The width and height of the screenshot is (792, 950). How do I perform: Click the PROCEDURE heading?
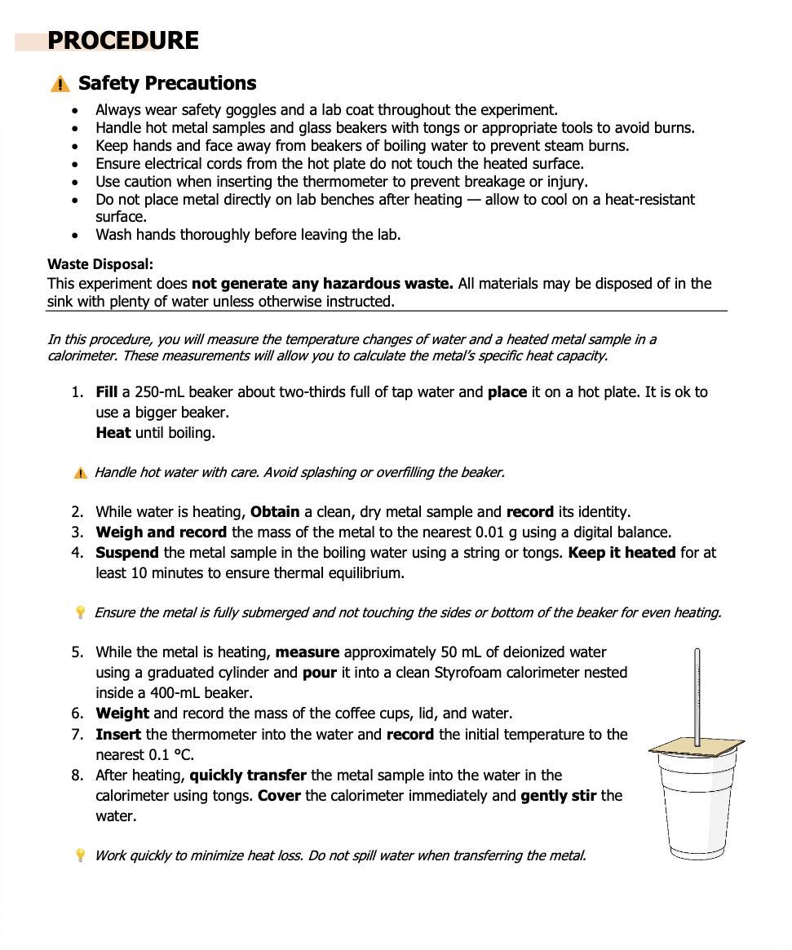tap(123, 41)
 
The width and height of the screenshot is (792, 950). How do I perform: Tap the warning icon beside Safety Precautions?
tap(60, 84)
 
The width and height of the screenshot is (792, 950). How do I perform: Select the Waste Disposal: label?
tap(100, 264)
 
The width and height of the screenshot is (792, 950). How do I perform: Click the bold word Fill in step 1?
tap(107, 392)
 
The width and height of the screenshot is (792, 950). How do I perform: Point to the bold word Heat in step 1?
tap(113, 433)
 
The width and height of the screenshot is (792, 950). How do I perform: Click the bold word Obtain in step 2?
tap(275, 512)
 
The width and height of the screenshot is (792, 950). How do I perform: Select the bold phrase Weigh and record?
tap(161, 532)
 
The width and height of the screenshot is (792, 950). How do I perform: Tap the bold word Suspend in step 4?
tap(127, 553)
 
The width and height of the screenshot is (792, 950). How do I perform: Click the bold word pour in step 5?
tap(320, 673)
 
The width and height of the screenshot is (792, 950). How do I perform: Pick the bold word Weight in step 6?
tap(122, 714)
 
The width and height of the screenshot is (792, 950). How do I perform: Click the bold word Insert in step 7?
tap(118, 735)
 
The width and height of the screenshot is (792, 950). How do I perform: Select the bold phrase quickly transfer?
tap(248, 775)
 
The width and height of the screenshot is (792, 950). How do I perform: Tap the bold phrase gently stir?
tap(559, 796)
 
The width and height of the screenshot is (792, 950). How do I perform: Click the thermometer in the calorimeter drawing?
tap(697, 693)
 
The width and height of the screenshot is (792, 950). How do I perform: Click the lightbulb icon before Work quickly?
tap(80, 855)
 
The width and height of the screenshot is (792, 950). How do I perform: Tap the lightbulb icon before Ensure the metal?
tap(80, 612)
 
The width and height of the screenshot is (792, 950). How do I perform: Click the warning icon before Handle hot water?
tap(80, 473)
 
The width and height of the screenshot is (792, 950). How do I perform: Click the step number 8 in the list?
tap(77, 775)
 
